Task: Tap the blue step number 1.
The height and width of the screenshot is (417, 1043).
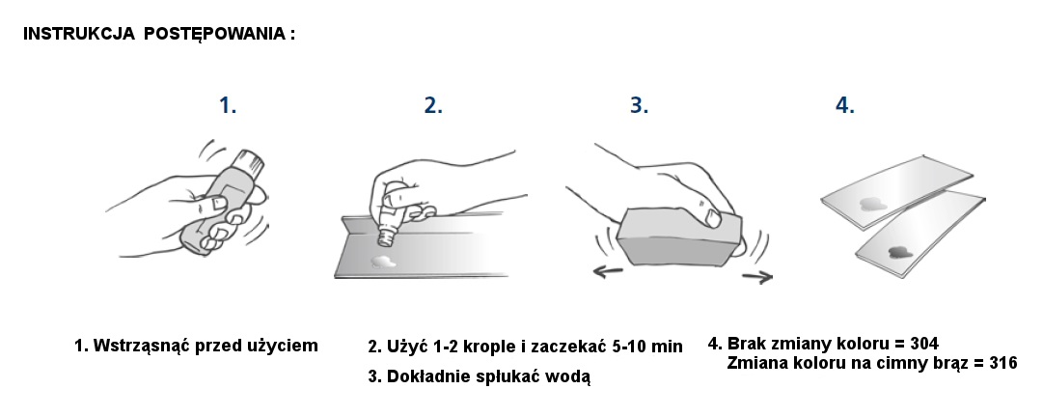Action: point(228,105)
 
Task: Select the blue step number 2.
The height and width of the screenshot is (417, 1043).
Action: point(433,105)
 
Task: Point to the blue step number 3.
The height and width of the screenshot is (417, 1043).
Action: point(640,105)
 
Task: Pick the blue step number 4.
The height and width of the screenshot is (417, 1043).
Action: point(845,105)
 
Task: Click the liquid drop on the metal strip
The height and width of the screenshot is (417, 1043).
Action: point(383,263)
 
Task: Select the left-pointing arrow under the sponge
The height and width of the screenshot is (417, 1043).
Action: point(608,270)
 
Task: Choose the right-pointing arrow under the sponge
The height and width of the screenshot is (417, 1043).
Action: point(757,277)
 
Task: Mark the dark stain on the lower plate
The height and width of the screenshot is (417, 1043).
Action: point(899,252)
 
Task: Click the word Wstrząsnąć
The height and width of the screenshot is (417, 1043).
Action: point(139,347)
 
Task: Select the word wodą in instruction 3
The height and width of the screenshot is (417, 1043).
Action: point(571,377)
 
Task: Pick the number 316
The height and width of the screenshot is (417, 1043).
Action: point(1002,363)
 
